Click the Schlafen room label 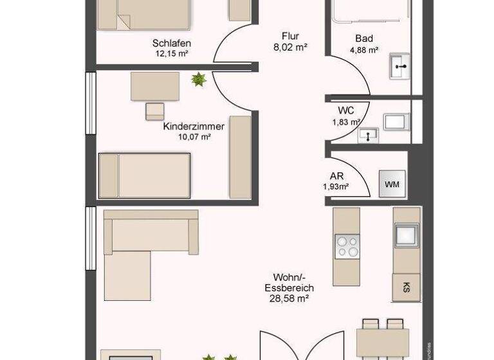click(172, 43)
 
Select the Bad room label click(363, 39)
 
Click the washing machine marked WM click(392, 184)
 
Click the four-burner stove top click(347, 245)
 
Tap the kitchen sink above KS click(406, 235)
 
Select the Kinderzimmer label click(194, 126)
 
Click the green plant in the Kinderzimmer click(198, 80)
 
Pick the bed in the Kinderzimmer click(145, 175)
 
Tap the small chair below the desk click(155, 111)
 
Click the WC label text click(346, 110)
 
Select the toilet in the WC click(394, 120)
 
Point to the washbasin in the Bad click(400, 65)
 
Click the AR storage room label click(335, 175)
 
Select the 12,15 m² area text click(172, 54)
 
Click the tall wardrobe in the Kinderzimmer click(240, 157)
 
